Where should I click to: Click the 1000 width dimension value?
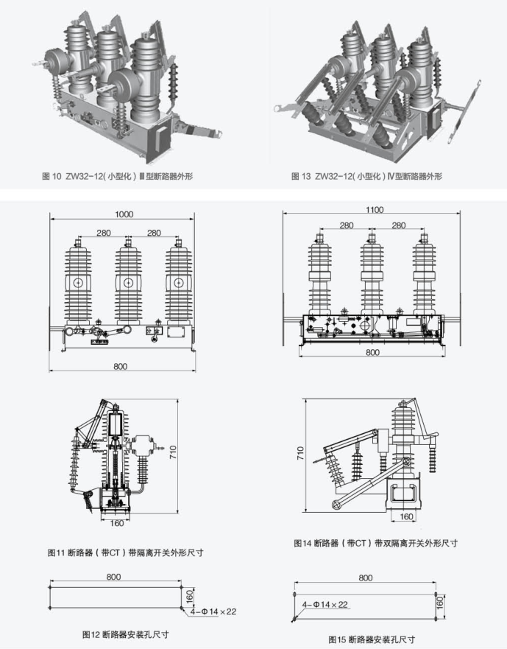coord(124,214)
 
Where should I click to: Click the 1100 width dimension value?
coord(375,210)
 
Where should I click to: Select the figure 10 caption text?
coord(118,176)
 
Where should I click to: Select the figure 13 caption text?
coord(366,176)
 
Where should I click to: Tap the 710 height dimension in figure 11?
coord(172,452)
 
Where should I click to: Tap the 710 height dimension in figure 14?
coord(301,453)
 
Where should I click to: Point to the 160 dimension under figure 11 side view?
coord(117,524)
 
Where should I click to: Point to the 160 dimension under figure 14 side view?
coord(406,516)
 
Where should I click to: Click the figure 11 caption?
coord(125,552)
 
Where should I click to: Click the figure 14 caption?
coord(376,543)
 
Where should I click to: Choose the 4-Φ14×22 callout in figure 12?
coord(213,611)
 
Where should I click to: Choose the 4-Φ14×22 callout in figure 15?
coord(325,605)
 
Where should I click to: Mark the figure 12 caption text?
coord(126,634)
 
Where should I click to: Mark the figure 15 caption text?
coord(372,639)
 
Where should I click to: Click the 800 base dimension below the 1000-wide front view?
coord(121,366)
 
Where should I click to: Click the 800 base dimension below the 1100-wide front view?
coord(372,352)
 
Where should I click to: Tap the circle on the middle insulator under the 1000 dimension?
coord(128,283)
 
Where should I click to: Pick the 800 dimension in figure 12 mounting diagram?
coord(114,577)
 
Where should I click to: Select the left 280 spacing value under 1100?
coord(347,225)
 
